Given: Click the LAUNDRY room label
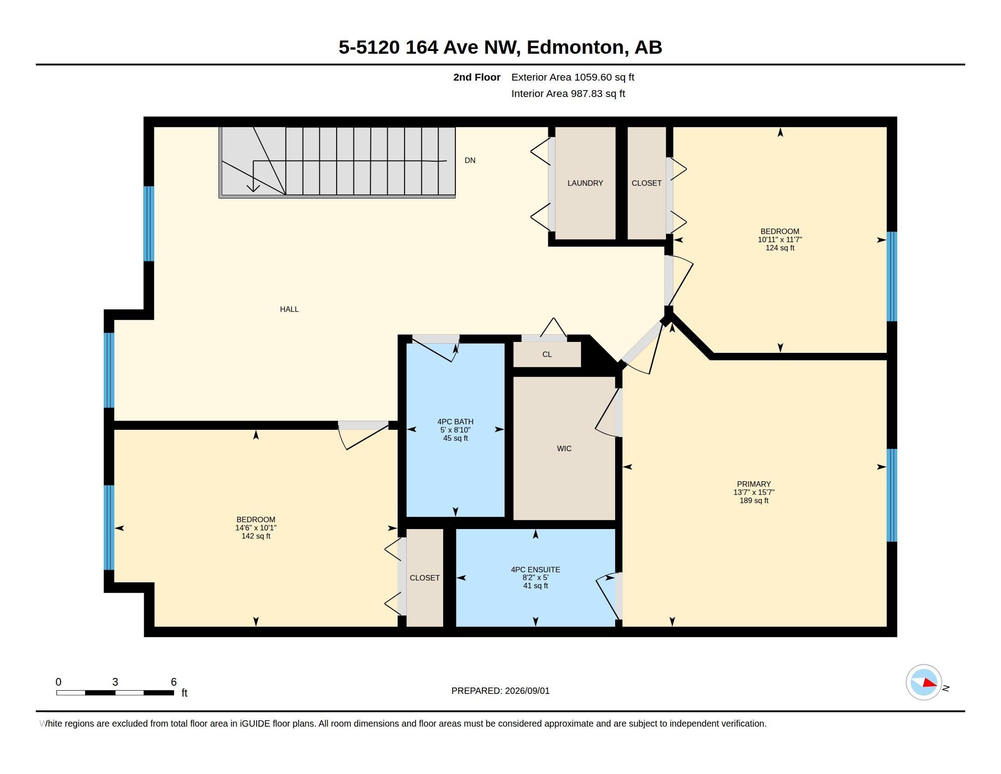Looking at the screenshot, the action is (x=585, y=183).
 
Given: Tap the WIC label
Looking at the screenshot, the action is (x=564, y=448).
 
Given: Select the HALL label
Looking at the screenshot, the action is (x=289, y=309).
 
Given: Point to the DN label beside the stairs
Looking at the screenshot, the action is (x=470, y=160).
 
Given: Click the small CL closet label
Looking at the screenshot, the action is (x=547, y=354).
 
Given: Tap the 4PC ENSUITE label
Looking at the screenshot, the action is (x=536, y=570).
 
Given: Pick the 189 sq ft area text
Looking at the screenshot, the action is (x=754, y=501).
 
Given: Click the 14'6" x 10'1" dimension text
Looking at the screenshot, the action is (x=256, y=528).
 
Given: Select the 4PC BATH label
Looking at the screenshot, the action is (x=455, y=422).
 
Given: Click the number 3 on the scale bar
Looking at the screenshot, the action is (x=115, y=682).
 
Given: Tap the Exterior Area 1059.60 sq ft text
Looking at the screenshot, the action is (x=572, y=77).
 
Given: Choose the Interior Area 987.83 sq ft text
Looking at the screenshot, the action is (x=568, y=93).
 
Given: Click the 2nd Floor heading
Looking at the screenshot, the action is (x=477, y=77).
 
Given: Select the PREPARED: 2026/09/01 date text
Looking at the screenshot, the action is (x=500, y=691).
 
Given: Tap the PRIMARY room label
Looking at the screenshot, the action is (x=754, y=484).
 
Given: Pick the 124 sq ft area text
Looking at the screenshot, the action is (x=779, y=248).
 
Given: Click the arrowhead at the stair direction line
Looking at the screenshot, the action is (x=253, y=188).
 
